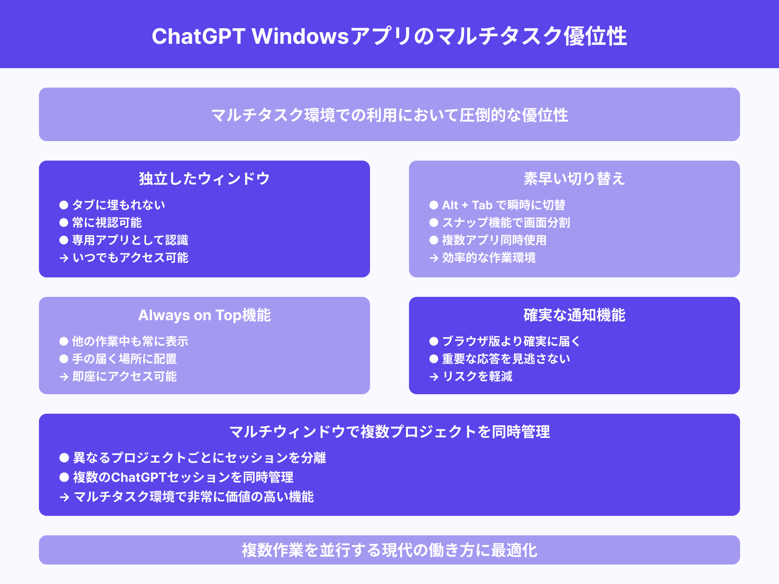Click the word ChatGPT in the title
click(x=198, y=36)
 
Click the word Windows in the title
click(x=300, y=36)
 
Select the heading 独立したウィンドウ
click(x=204, y=179)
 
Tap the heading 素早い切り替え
click(x=574, y=179)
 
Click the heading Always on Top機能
click(x=204, y=315)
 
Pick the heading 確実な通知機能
click(x=574, y=315)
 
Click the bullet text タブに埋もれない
click(x=119, y=205)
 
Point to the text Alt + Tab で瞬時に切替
click(x=503, y=205)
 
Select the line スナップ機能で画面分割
click(x=506, y=222)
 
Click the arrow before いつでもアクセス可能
click(x=64, y=258)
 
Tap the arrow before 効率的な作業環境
click(x=434, y=258)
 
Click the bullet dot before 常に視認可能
click(x=64, y=222)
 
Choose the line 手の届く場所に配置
click(x=124, y=359)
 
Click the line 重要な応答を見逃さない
click(x=506, y=359)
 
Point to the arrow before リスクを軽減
click(x=434, y=377)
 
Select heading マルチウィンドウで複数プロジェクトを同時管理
click(x=389, y=432)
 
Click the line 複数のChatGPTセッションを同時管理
click(x=183, y=477)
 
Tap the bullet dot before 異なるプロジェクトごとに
click(x=64, y=457)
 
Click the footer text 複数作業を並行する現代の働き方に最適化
click(x=389, y=550)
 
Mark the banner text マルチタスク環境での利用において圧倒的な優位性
click(x=389, y=115)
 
